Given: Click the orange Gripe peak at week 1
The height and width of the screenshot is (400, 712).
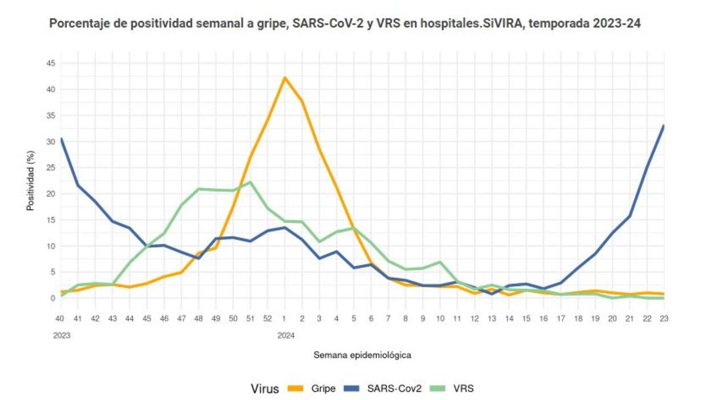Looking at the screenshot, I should coord(285,77).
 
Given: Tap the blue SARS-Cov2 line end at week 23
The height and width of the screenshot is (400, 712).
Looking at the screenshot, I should coord(664,126).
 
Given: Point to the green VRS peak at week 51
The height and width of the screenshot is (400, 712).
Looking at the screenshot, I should coord(251,182).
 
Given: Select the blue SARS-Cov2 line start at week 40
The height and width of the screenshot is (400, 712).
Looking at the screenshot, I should coord(61,138).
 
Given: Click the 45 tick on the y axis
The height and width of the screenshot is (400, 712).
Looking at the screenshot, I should coord(51,63).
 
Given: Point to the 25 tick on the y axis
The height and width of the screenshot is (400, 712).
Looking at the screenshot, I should coord(51,168).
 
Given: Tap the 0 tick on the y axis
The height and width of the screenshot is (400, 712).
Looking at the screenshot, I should coord(53,298).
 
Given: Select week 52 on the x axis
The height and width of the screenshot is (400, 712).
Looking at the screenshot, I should coord(268,319).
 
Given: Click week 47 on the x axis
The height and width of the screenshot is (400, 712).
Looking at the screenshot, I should coord(181,319).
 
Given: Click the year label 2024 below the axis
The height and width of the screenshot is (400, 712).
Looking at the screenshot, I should coord(286,336).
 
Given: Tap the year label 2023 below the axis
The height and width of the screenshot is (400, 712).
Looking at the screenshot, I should coord(62,336).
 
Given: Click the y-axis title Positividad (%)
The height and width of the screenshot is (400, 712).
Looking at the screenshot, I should coord(31,180).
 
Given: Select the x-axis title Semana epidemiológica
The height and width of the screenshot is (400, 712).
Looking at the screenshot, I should coord(362,355).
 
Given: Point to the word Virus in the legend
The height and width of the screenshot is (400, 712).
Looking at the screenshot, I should coord(265,389).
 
